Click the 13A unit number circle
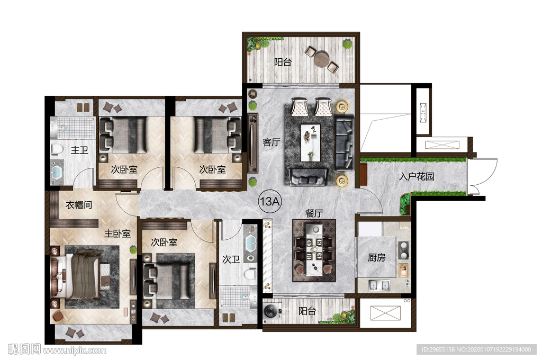click(270, 201)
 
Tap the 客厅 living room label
click(272, 142)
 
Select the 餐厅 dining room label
click(314, 213)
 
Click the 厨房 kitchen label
click(376, 257)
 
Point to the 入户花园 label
click(417, 176)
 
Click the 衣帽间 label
click(79, 205)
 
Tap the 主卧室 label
click(118, 234)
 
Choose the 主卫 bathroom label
click(79, 150)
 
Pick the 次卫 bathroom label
click(231, 259)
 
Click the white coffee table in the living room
click(310, 143)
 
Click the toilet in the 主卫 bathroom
click(57, 149)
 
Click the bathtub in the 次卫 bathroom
click(250, 244)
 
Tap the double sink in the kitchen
click(379, 286)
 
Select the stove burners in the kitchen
click(403, 250)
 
